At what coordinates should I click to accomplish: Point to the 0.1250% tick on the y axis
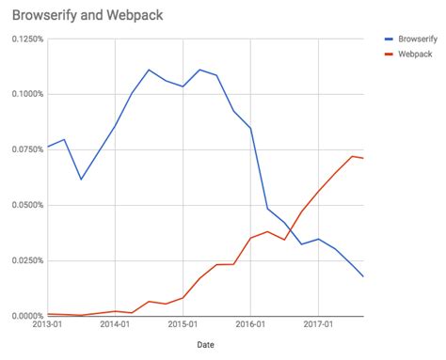click(x=24, y=39)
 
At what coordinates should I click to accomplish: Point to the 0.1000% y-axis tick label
click(x=24, y=94)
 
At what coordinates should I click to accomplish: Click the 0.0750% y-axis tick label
click(x=24, y=149)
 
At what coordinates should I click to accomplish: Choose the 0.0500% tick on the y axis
click(x=24, y=205)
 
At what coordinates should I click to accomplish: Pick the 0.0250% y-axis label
click(x=24, y=260)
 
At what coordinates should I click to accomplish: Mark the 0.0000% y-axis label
click(x=24, y=316)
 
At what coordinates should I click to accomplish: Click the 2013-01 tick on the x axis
click(x=47, y=325)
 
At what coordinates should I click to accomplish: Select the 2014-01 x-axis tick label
click(x=115, y=325)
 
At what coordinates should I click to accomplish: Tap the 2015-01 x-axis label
click(x=183, y=325)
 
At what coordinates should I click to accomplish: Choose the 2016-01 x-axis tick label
click(x=250, y=325)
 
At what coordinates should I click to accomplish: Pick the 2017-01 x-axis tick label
click(x=318, y=325)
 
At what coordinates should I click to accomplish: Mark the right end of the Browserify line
click(x=363, y=276)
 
